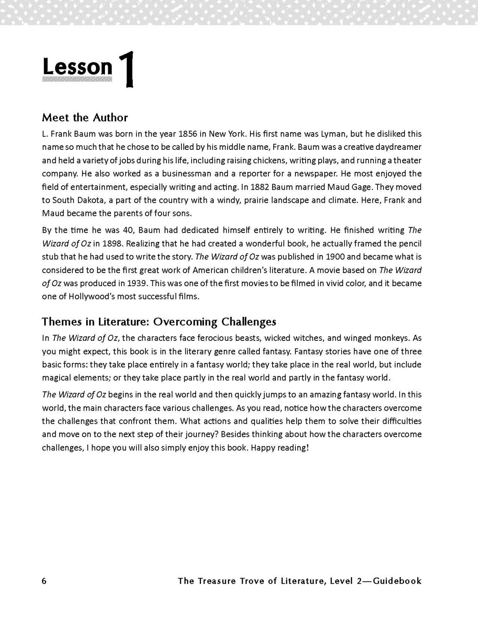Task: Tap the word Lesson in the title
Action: tap(77, 67)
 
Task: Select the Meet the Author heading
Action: tap(85, 118)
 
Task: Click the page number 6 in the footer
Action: tap(45, 581)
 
